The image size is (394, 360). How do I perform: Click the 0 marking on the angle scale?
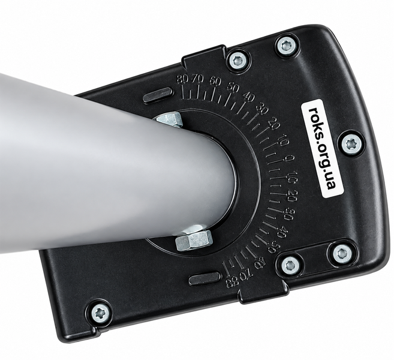pos(288,158)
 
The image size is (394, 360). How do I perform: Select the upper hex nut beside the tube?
pos(169,119)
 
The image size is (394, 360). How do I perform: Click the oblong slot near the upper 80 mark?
pos(158,95)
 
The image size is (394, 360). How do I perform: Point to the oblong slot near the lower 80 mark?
pos(204,278)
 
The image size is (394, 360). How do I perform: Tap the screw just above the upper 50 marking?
pos(238,61)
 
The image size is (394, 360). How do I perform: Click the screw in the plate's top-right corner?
pos(287,46)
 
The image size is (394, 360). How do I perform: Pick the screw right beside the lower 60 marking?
pos(290,265)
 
